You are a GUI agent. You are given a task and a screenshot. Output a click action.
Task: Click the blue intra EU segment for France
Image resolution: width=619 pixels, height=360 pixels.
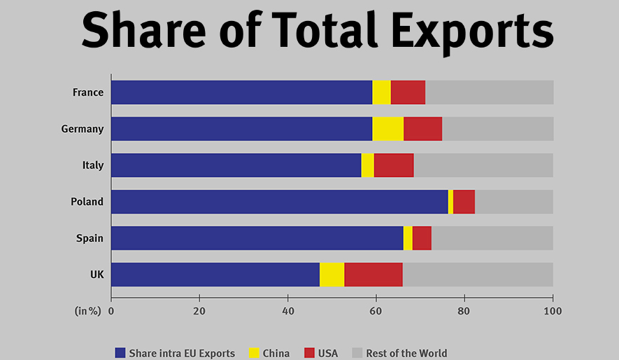coord(241,92)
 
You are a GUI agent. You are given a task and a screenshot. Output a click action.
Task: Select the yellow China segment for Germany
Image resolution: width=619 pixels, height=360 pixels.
coord(388,129)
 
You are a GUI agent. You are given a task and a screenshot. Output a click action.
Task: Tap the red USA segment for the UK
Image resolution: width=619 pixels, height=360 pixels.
coord(373,275)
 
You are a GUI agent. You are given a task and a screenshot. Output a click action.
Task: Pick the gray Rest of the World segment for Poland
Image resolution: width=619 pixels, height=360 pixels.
coord(514,202)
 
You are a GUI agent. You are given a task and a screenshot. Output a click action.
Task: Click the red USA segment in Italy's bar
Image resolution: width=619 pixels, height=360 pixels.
coord(394,166)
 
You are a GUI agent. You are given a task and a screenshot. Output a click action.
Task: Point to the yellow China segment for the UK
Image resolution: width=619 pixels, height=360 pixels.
coord(332,275)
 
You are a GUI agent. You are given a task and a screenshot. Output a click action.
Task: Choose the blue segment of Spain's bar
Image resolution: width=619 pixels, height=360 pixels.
coord(257,238)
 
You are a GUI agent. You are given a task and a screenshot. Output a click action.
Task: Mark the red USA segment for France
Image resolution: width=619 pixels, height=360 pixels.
coord(408,92)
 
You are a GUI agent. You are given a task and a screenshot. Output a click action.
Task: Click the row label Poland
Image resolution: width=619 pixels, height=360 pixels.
coord(87,202)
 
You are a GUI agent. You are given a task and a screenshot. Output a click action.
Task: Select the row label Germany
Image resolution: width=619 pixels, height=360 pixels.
coord(83,129)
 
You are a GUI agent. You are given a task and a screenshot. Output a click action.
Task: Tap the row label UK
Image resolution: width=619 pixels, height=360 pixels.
coord(97,275)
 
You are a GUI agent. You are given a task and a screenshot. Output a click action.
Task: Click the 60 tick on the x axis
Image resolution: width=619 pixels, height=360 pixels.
coord(376,311)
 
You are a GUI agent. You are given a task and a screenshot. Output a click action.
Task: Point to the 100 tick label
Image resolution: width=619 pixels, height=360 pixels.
coord(553,311)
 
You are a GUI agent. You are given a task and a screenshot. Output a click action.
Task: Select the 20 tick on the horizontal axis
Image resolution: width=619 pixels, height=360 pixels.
coord(199,311)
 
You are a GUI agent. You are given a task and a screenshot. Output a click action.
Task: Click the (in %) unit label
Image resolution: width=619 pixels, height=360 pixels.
coord(87,311)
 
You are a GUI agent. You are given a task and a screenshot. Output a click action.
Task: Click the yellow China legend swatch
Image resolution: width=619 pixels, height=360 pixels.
coord(254,353)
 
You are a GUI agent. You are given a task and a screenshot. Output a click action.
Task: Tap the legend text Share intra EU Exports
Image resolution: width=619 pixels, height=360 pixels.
coord(182,353)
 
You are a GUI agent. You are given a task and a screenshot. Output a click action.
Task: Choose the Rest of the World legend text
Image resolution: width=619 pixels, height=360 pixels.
coord(406,353)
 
